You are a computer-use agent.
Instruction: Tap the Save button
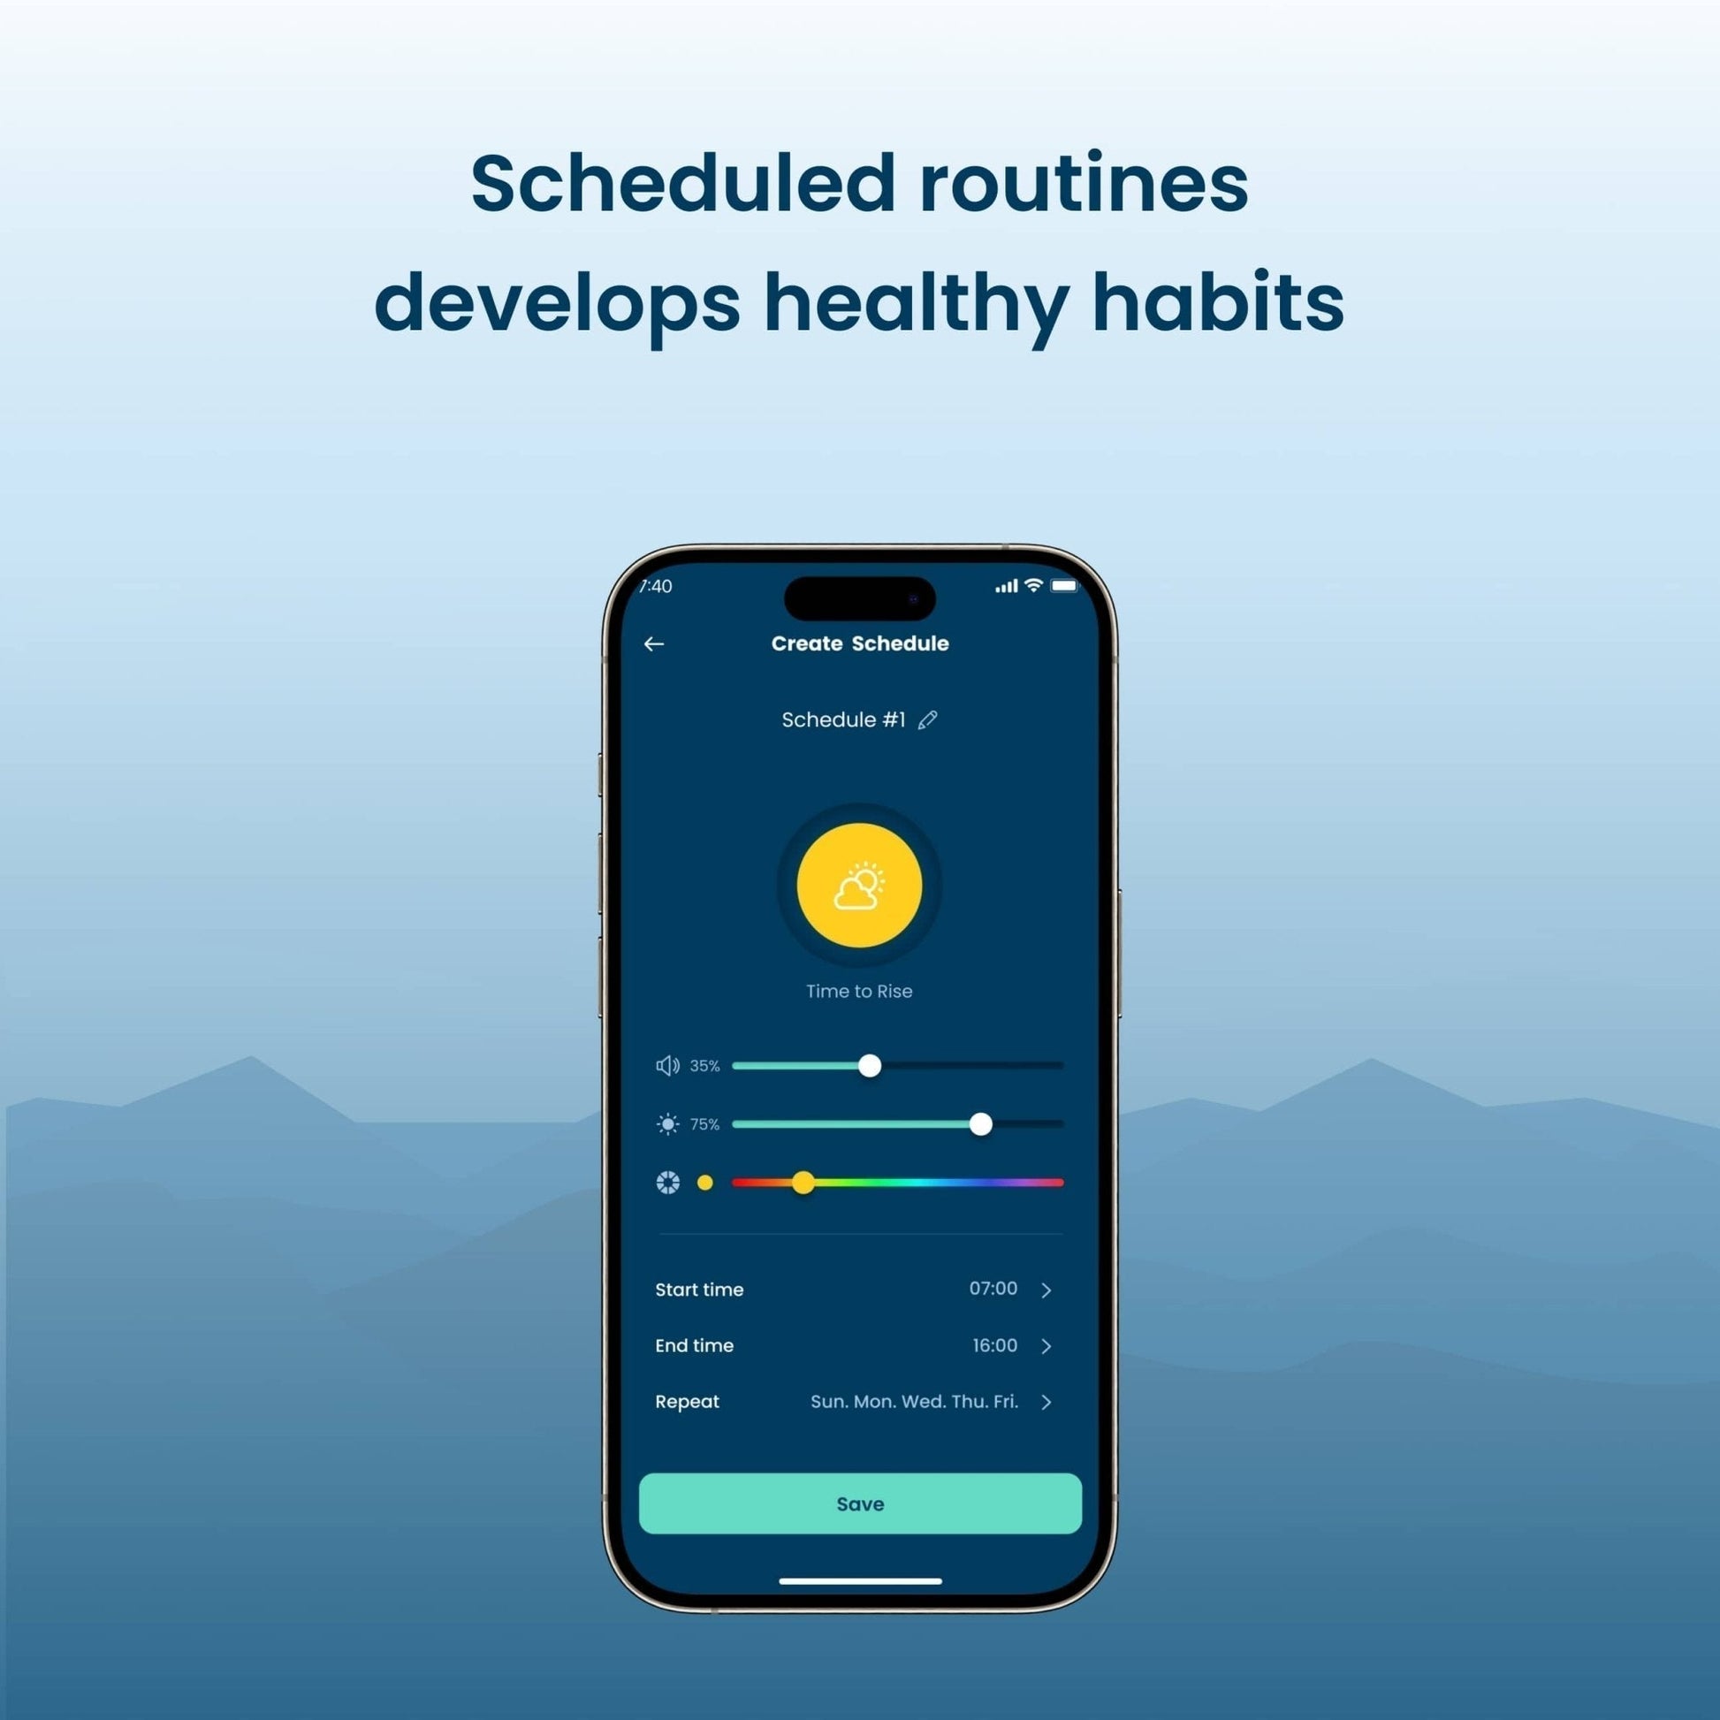pyautogui.click(x=860, y=1503)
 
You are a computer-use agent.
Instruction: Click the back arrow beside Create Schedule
pyautogui.click(x=653, y=643)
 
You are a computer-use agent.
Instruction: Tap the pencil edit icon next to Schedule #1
pyautogui.click(x=928, y=719)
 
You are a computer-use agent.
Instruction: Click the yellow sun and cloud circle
pyautogui.click(x=859, y=885)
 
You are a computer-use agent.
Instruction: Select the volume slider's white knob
pyautogui.click(x=870, y=1066)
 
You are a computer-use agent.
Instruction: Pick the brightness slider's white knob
pyautogui.click(x=981, y=1124)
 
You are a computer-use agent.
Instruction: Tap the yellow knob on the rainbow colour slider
pyautogui.click(x=803, y=1183)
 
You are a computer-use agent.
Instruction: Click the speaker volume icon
pyautogui.click(x=667, y=1066)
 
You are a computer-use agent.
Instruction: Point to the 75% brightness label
pyautogui.click(x=705, y=1124)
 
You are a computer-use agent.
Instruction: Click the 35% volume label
pyautogui.click(x=705, y=1066)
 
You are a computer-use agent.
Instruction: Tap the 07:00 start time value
pyautogui.click(x=993, y=1288)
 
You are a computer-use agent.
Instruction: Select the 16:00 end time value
pyautogui.click(x=995, y=1345)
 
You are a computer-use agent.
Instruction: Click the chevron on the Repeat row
pyautogui.click(x=1047, y=1402)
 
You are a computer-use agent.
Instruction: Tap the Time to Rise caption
pyautogui.click(x=859, y=991)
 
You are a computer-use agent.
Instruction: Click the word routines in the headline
pyautogui.click(x=1084, y=183)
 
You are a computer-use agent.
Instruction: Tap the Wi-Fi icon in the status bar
pyautogui.click(x=1033, y=585)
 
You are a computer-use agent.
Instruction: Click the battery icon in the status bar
pyautogui.click(x=1065, y=585)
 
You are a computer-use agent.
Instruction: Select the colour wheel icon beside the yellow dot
pyautogui.click(x=667, y=1183)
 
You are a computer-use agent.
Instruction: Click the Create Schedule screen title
pyautogui.click(x=860, y=643)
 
